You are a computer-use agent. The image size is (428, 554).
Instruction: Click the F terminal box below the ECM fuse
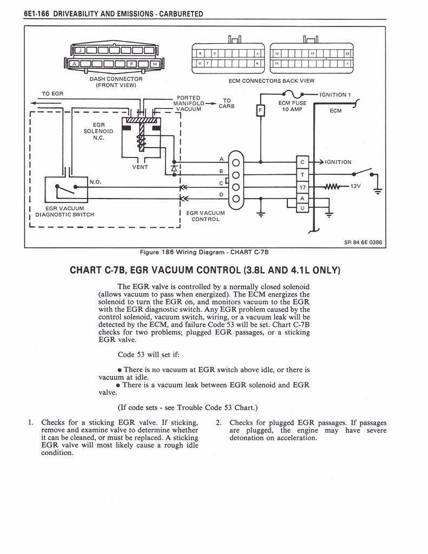click(260, 110)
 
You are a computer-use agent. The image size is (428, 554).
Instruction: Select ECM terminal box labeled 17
click(302, 187)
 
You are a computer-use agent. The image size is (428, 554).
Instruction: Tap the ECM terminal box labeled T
click(302, 174)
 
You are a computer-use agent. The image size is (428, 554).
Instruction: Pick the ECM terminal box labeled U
click(302, 208)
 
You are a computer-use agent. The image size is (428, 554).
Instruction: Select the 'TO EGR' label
click(52, 94)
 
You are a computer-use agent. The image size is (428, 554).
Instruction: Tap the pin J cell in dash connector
click(80, 51)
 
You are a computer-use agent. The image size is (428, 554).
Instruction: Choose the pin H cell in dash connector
click(155, 64)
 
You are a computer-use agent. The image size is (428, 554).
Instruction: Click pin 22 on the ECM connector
click(347, 53)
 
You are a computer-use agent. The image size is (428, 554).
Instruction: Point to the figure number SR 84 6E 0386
click(363, 242)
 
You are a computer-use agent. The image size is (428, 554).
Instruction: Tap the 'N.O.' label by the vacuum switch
click(96, 182)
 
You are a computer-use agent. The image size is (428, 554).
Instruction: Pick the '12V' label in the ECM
click(355, 186)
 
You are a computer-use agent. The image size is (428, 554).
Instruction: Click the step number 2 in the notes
click(218, 423)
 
